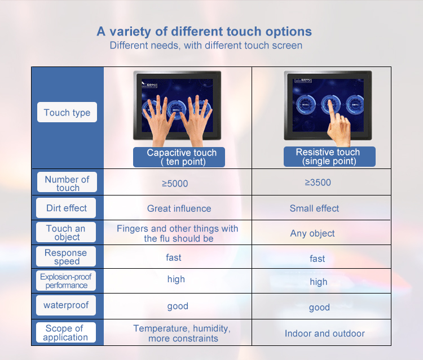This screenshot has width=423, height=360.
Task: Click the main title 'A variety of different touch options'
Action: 204,32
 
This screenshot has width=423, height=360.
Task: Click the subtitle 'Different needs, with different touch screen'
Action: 206,45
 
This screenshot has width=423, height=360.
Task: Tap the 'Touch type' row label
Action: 67,112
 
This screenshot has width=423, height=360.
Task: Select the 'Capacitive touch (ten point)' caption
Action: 179,157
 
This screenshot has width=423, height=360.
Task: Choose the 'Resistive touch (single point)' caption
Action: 329,156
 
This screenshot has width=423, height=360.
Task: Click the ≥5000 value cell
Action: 175,184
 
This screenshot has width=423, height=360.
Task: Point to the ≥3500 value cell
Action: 318,183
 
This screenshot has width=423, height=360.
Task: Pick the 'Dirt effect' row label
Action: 66,208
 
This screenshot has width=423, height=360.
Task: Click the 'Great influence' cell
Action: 179,208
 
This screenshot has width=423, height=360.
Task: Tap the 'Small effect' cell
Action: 314,208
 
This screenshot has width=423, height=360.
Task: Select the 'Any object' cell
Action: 312,233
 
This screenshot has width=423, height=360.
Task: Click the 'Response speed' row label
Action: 66,256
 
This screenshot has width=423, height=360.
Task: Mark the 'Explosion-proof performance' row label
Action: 66,281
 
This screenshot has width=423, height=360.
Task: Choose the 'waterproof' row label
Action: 66,305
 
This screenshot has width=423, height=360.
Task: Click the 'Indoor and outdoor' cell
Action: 324,334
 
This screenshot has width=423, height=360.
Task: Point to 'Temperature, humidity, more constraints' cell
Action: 182,334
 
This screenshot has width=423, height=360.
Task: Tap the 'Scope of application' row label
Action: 66,332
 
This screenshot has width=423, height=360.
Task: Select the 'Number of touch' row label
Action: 67,182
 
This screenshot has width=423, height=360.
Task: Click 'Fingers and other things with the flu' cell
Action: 178,233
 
